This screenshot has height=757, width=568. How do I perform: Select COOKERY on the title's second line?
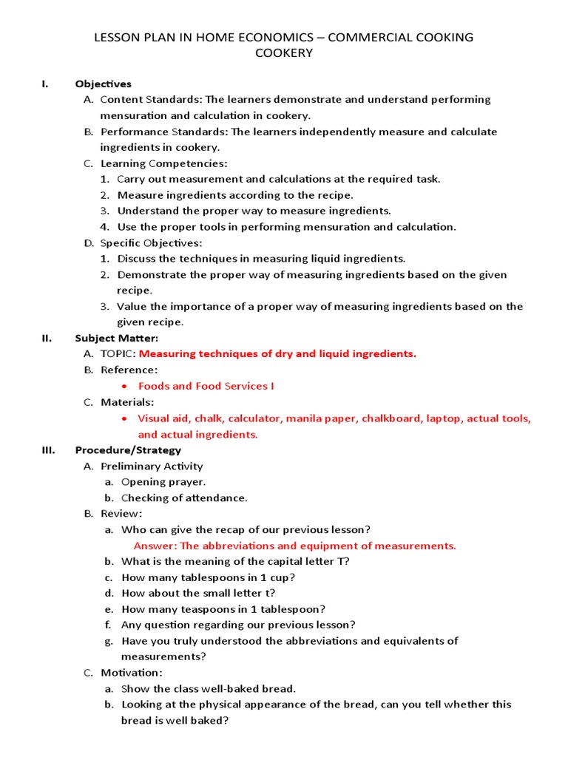[283, 53]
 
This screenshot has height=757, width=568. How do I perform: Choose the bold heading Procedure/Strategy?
[128, 449]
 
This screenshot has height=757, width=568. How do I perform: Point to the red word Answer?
[155, 546]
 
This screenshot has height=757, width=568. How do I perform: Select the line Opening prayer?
[163, 482]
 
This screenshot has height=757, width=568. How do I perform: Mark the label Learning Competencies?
[164, 163]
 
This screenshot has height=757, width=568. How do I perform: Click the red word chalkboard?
[389, 418]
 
